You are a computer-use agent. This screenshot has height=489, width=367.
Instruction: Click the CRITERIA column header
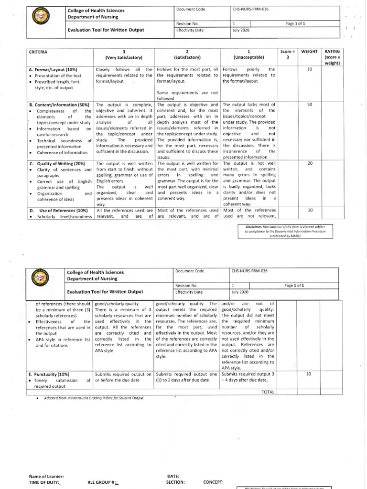[x=39, y=51]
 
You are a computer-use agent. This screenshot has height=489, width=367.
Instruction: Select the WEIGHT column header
[x=310, y=51]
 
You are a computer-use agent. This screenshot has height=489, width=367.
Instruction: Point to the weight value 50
[x=310, y=105]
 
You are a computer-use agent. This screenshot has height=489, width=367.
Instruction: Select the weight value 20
[x=310, y=164]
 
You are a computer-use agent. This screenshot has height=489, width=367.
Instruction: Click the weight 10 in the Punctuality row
[x=308, y=374]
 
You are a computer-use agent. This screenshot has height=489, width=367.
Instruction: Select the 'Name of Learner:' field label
[x=46, y=477]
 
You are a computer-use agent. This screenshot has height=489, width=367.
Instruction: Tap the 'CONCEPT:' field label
[x=213, y=483]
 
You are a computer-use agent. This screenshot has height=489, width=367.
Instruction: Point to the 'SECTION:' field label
[x=176, y=483]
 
